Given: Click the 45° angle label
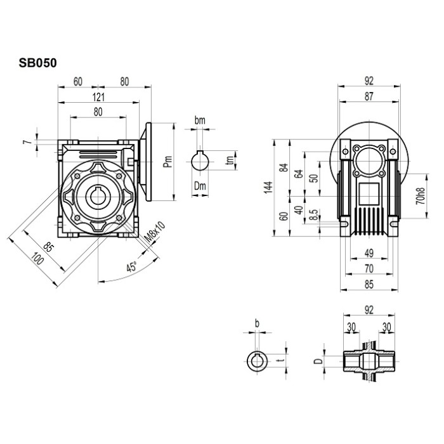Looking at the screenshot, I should pyautogui.click(x=131, y=267).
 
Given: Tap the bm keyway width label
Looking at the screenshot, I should pyautogui.click(x=200, y=120).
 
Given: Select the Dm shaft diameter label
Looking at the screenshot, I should pyautogui.click(x=200, y=185).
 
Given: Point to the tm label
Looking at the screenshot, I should pyautogui.click(x=230, y=162).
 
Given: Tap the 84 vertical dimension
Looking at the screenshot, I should pyautogui.click(x=284, y=168).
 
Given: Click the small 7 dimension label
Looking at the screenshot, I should pyautogui.click(x=27, y=141).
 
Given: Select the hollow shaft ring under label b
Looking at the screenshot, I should pyautogui.click(x=256, y=361).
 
